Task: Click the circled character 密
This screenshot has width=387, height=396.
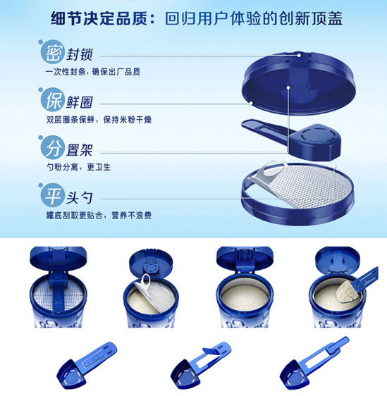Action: click(51, 52)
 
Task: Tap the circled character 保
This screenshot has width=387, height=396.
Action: click(51, 100)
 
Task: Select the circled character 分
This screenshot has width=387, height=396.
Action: click(51, 147)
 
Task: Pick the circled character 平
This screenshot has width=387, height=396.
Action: click(51, 195)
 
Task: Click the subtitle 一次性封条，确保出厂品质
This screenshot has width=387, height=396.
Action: click(93, 72)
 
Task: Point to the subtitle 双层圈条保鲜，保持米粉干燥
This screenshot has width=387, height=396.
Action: click(99, 120)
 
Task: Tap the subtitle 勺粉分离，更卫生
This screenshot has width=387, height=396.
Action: click(78, 167)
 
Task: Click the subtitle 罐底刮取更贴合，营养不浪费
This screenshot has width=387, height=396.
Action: click(99, 215)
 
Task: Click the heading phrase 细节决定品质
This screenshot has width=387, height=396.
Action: click(99, 18)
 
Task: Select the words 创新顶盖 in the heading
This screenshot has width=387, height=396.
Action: click(311, 18)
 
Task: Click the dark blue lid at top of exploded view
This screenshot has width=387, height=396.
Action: click(299, 83)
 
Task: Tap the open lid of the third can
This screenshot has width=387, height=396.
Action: click(245, 258)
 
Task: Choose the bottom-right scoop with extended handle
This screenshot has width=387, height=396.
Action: click(312, 364)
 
